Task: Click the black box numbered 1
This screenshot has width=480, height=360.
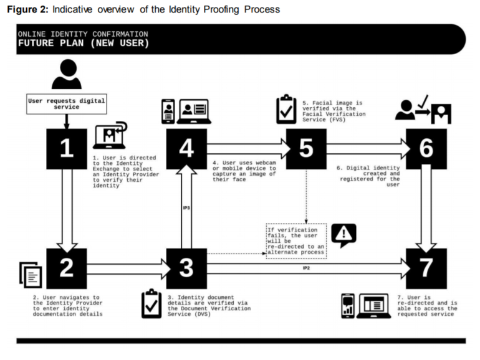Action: (67, 148)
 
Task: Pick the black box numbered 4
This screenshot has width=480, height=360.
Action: (186, 148)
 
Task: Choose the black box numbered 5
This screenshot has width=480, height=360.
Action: (306, 148)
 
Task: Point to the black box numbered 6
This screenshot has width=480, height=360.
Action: (426, 148)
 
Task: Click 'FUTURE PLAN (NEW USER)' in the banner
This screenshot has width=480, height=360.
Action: (84, 44)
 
